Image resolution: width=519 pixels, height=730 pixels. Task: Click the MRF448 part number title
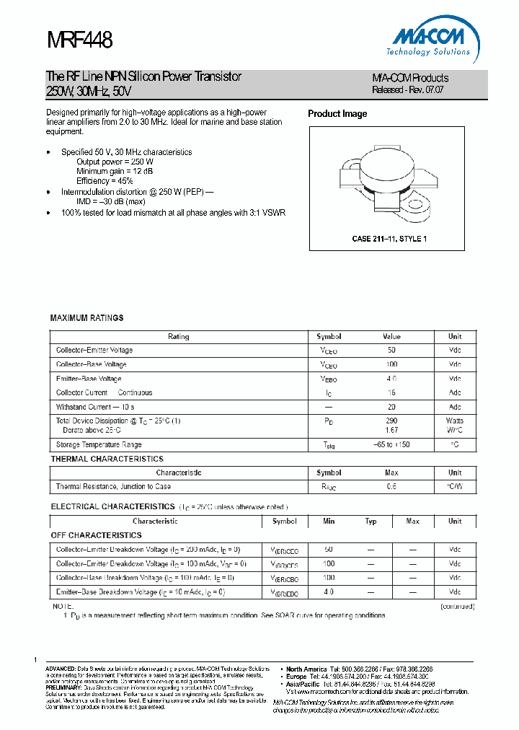pyautogui.click(x=79, y=40)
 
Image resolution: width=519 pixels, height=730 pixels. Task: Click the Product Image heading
pyautogui.click(x=337, y=114)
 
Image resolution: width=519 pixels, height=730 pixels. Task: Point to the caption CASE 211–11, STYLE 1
pyautogui.click(x=389, y=239)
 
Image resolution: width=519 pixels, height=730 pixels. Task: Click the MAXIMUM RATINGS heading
pyautogui.click(x=86, y=317)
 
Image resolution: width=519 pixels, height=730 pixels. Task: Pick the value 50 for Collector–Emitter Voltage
pyautogui.click(x=392, y=350)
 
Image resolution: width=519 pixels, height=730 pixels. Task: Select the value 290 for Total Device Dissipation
pyautogui.click(x=392, y=421)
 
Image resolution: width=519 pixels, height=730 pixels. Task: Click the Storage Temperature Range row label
pyautogui.click(x=99, y=445)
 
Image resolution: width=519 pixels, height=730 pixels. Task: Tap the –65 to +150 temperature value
pyautogui.click(x=392, y=445)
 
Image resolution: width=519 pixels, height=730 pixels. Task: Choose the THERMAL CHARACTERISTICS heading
pyautogui.click(x=107, y=459)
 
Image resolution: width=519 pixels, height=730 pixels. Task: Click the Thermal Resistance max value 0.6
pyautogui.click(x=392, y=487)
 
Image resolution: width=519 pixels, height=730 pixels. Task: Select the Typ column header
pyautogui.click(x=371, y=521)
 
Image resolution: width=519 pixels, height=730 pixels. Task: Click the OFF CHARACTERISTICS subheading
pyautogui.click(x=96, y=535)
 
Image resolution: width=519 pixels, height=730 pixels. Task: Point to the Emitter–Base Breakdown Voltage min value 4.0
pyautogui.click(x=329, y=592)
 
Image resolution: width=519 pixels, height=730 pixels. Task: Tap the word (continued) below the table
pyautogui.click(x=457, y=607)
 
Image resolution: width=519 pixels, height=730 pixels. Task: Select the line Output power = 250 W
pyautogui.click(x=115, y=162)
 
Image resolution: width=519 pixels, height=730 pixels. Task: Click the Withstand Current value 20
pyautogui.click(x=392, y=407)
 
